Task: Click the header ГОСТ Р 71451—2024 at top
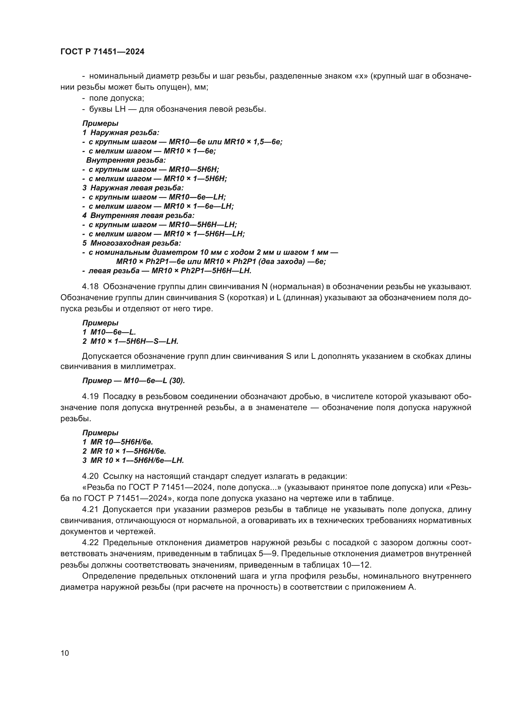tap(102, 52)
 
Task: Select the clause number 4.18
tap(90, 286)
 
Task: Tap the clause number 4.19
tap(90, 397)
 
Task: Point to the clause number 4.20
tap(90, 476)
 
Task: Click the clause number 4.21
tap(90, 510)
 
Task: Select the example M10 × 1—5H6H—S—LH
tap(134, 341)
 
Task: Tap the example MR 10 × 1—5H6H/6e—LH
tap(137, 460)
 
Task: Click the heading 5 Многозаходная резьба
tap(132, 243)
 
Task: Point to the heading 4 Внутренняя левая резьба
tap(138, 215)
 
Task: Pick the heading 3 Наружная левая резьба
tap(133, 188)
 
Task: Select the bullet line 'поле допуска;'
tap(116, 98)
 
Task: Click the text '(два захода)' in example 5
tap(280, 262)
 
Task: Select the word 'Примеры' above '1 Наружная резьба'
tap(100, 123)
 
